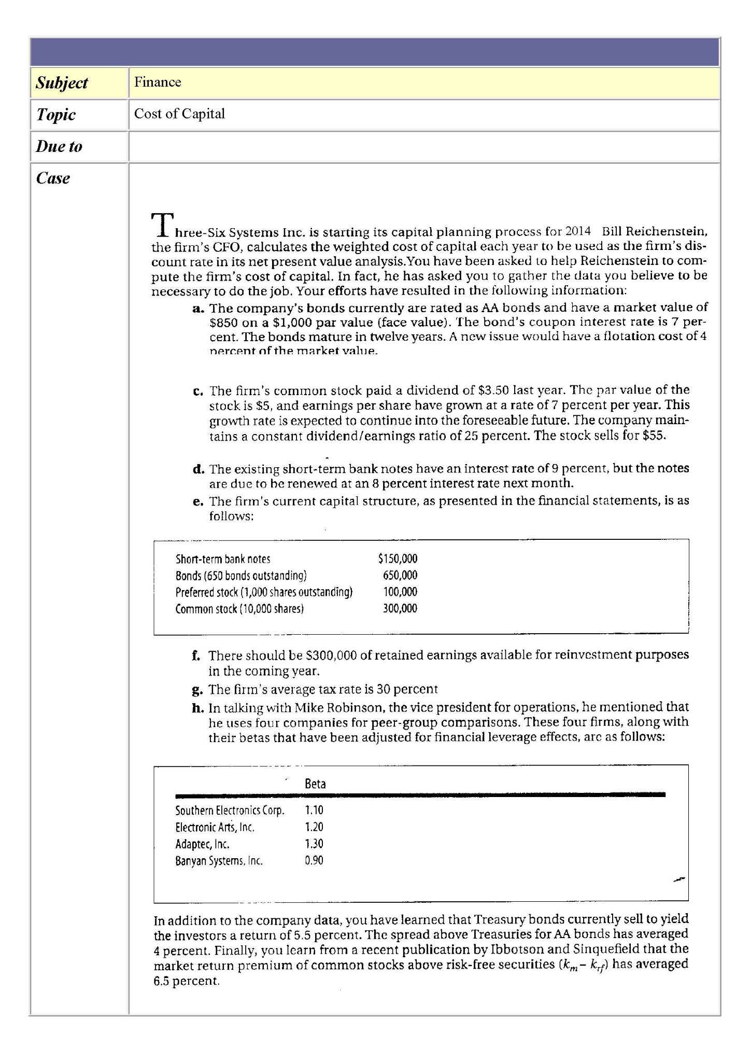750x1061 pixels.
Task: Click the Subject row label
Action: [x=62, y=82]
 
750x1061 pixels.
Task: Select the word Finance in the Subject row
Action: [x=158, y=82]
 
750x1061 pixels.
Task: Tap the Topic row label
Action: [x=55, y=115]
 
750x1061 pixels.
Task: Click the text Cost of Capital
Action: [x=179, y=114]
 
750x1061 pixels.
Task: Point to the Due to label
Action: [x=59, y=146]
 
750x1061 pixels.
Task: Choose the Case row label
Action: [x=53, y=178]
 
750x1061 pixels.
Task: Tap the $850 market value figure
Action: [x=223, y=323]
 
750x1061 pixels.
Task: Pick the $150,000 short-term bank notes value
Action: [x=398, y=559]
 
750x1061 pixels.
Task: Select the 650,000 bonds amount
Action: [x=400, y=575]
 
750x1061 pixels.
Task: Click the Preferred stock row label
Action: [x=264, y=592]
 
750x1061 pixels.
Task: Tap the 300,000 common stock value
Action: [x=400, y=608]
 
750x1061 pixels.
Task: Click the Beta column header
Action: [x=315, y=784]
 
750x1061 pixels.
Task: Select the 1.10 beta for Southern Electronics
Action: [x=314, y=810]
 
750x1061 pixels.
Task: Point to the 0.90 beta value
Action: [x=314, y=861]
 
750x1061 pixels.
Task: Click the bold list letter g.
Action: [x=196, y=690]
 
